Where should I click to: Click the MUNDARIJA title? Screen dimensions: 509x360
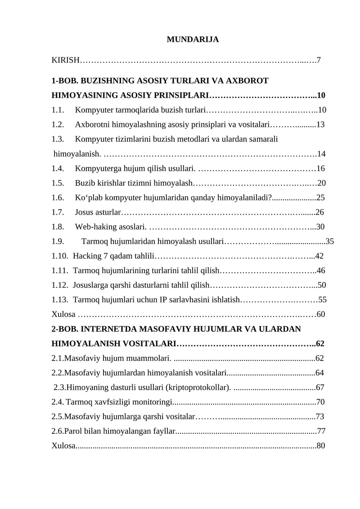[x=193, y=40]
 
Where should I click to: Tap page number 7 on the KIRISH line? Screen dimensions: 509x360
[x=319, y=60]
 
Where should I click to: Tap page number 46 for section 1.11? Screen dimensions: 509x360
[x=321, y=271]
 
